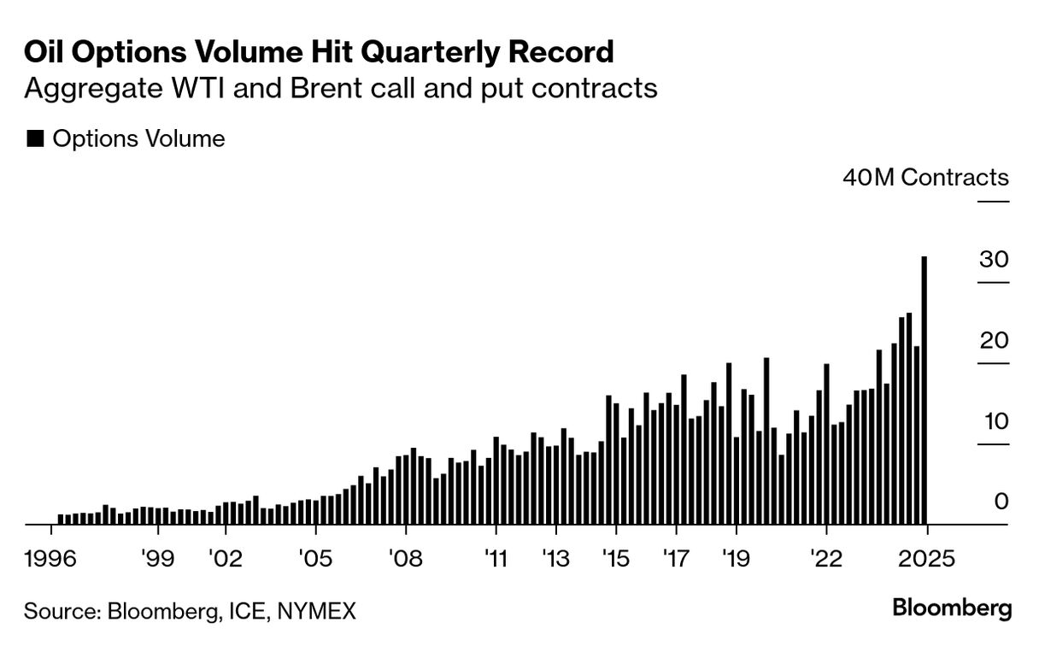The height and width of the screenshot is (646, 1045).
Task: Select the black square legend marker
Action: pyautogui.click(x=35, y=139)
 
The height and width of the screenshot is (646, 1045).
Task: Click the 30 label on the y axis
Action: pyautogui.click(x=994, y=260)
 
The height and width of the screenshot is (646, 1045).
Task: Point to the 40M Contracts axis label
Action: pyautogui.click(x=925, y=178)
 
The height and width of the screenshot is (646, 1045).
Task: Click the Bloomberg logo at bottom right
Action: pyautogui.click(x=952, y=608)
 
